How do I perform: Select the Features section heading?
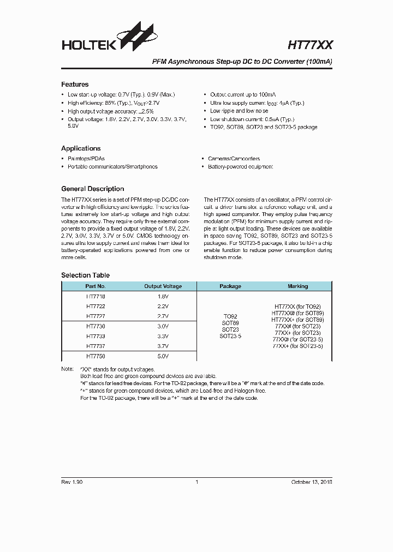coord(75,85)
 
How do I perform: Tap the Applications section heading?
coord(81,148)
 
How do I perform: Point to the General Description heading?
coord(92,189)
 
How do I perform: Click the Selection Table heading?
coord(85,275)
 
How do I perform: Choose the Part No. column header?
coord(96,286)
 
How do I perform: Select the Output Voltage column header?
coord(163,286)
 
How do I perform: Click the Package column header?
coord(230,286)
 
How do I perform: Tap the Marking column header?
coord(297,286)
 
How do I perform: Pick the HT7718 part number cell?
coord(96,297)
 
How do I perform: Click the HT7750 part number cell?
coord(96,356)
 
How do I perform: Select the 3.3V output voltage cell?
coord(163,336)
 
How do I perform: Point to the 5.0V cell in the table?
coord(163,356)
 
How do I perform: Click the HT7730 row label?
coord(96,326)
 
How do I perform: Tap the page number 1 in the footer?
coord(196,482)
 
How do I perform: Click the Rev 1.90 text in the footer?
coord(72,482)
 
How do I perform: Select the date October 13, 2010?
coord(311,482)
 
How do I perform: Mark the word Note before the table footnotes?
coord(67,369)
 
